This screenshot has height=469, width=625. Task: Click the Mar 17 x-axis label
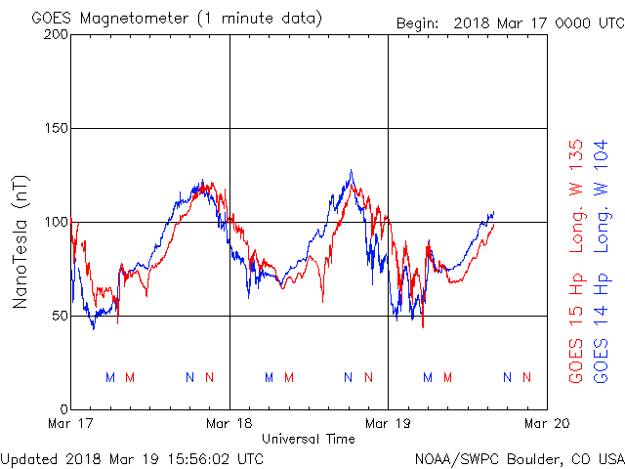point(71,423)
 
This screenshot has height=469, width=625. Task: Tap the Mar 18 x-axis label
point(229,423)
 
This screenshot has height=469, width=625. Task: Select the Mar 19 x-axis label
point(388,423)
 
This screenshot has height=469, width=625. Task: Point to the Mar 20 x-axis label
point(546,423)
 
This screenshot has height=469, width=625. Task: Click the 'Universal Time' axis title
point(309,439)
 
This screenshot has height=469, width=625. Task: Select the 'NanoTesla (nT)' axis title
point(20,241)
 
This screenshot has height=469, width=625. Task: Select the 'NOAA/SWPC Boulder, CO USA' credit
point(519,457)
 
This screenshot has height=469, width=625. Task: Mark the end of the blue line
point(493,212)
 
